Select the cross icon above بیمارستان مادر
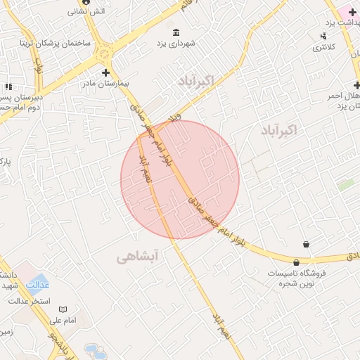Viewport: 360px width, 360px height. click(x=105, y=72)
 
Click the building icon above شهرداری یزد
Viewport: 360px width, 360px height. click(x=176, y=32)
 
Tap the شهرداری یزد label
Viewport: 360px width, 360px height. click(x=176, y=44)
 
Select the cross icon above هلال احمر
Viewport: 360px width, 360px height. click(x=357, y=84)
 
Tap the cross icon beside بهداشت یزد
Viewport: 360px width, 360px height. click(x=352, y=12)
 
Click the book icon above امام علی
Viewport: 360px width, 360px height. click(x=63, y=309)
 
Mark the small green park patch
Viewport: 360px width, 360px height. click(x=345, y=185)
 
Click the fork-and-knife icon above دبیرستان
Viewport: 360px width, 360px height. click(x=8, y=86)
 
